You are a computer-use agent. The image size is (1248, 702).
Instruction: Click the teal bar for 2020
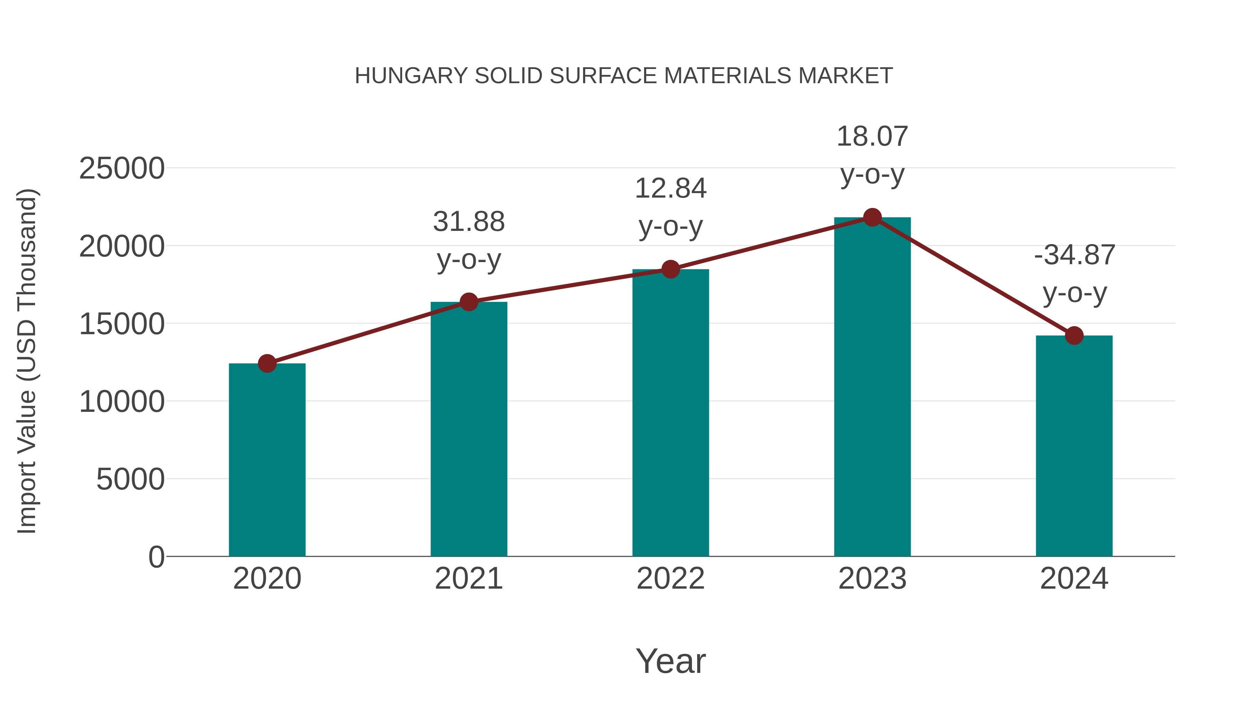click(x=267, y=460)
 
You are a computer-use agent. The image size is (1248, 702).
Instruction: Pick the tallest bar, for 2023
click(x=872, y=387)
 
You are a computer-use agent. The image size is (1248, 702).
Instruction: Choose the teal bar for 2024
click(x=1074, y=446)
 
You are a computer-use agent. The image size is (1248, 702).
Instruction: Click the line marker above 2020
click(x=267, y=363)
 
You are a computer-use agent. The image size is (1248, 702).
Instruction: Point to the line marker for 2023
click(x=872, y=217)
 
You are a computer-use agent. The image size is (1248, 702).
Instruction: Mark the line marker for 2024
click(x=1074, y=335)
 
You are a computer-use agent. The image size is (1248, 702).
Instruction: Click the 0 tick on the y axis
click(x=156, y=557)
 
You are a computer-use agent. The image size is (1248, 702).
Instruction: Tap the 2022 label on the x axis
click(x=670, y=579)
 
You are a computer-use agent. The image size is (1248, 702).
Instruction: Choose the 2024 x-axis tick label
click(x=1074, y=579)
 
